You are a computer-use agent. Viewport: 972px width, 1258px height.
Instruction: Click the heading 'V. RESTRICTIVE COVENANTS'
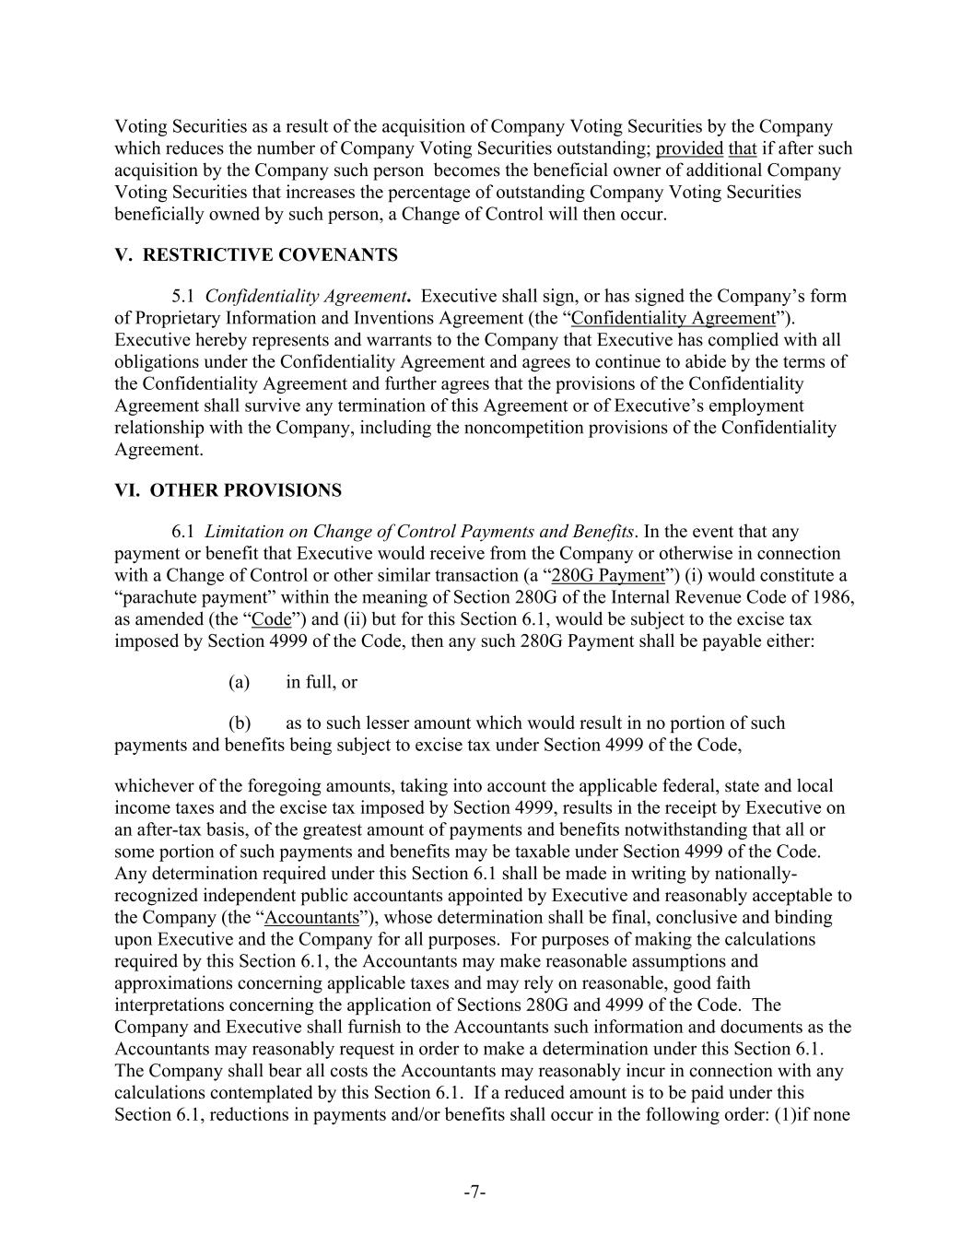[x=256, y=255]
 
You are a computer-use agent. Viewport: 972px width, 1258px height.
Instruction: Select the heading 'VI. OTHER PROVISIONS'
[x=228, y=490]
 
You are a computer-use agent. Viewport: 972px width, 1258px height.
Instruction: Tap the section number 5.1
[x=183, y=297]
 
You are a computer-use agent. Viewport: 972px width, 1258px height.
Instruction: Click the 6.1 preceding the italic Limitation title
[x=183, y=532]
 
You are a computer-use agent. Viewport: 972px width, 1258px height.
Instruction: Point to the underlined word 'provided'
[x=689, y=148]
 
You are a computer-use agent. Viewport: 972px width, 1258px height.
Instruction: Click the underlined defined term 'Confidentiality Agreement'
[x=673, y=319]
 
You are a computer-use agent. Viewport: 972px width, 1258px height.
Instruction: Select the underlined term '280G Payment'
[x=607, y=576]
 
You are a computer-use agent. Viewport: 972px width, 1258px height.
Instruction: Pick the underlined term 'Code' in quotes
[x=271, y=619]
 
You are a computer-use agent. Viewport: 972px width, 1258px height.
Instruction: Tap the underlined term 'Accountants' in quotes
[x=311, y=918]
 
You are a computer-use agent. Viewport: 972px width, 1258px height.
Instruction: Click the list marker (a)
[x=240, y=683]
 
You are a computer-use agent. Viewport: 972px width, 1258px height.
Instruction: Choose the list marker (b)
[x=240, y=723]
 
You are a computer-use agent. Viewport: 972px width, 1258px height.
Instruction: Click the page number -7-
[x=474, y=1193]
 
